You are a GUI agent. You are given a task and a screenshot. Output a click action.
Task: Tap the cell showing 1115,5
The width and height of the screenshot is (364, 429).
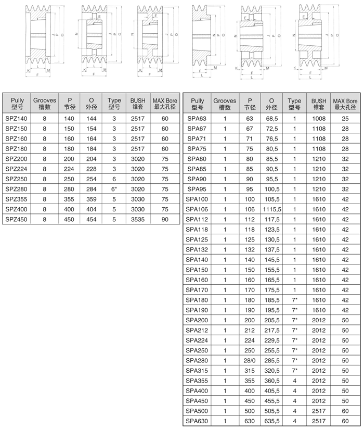coord(272,209)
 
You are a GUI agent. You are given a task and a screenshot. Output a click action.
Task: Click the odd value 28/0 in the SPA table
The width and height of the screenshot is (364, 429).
coord(249,360)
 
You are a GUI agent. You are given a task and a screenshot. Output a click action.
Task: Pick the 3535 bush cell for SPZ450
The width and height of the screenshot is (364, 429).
coord(138,219)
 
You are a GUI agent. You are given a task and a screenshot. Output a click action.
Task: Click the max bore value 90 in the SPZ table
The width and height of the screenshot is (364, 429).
coord(165,219)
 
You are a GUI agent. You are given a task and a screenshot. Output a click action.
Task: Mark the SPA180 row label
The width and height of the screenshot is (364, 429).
coord(197,300)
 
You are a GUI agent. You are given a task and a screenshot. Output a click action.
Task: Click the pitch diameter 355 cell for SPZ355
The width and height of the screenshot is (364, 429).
coord(69,199)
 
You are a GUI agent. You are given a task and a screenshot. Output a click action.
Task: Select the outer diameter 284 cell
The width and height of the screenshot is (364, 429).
coord(92,189)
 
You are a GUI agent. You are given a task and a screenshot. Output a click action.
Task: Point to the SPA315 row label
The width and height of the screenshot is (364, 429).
coord(197,370)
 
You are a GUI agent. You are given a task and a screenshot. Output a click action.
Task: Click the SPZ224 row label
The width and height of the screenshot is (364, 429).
coord(16,169)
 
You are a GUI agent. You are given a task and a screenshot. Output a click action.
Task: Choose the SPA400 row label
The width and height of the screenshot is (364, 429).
coord(197,390)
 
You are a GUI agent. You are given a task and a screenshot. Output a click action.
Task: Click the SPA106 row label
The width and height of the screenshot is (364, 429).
coord(197,209)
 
